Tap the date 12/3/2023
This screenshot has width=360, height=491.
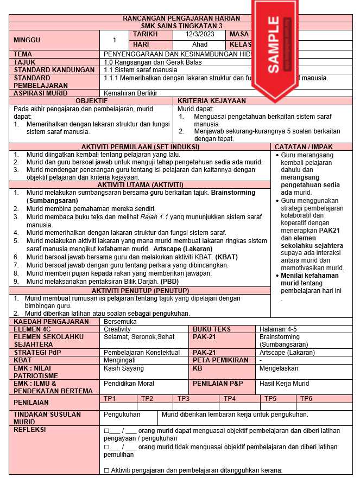(200, 34)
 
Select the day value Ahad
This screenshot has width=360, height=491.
(200, 44)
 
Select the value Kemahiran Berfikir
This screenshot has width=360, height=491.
(130, 93)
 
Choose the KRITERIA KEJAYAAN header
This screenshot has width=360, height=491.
(212, 101)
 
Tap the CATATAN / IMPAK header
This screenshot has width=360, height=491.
(311, 147)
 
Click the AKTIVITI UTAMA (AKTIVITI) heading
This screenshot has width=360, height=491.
(140, 185)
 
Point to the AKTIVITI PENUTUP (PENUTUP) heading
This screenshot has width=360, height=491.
(140, 291)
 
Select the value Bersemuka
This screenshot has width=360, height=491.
(120, 322)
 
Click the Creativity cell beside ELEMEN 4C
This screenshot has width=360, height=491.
(117, 329)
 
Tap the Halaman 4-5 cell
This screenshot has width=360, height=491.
(278, 329)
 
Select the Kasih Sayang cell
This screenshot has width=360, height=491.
(124, 368)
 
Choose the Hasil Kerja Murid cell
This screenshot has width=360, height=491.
(285, 384)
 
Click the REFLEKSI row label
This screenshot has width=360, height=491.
(30, 430)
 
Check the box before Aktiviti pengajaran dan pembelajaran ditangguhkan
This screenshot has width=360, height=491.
(106, 470)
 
